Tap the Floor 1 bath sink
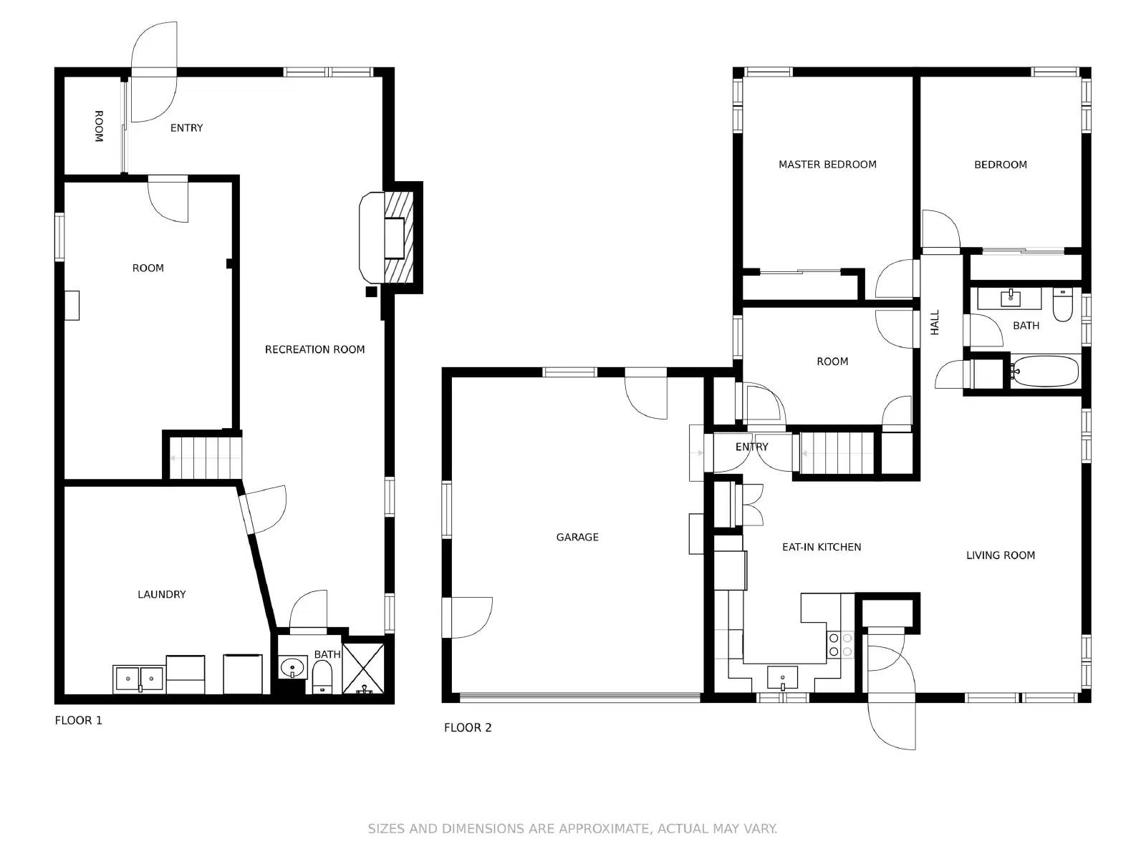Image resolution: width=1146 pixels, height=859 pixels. point(294,668)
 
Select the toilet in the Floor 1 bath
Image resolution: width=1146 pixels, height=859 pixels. point(322,677)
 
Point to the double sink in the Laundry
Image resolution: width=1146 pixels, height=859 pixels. point(139,679)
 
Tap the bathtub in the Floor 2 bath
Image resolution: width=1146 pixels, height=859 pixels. point(1044,372)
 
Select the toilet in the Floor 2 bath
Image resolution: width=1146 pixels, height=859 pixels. point(1062,305)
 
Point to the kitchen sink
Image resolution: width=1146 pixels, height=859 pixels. point(782,677)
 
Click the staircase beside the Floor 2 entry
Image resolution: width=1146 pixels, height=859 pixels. point(837,453)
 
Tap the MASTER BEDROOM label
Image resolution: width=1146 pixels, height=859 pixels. point(827,165)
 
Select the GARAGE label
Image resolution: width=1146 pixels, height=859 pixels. point(577,537)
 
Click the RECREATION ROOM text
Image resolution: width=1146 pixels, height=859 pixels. point(315,349)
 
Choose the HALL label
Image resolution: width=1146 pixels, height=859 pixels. point(935,322)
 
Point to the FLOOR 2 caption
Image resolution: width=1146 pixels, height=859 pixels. point(468,727)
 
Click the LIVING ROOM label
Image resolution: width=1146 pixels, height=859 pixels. point(1001,555)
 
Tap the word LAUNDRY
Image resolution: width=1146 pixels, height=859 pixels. point(162,594)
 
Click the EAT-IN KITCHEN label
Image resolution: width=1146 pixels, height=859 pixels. point(822,547)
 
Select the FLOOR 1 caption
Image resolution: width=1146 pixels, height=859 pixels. point(78,720)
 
